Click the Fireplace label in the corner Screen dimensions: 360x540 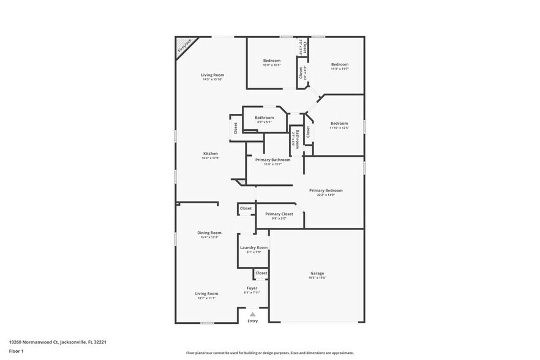tap(185, 45)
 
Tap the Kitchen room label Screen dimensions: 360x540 tap(211, 153)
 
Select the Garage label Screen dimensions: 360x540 tap(317, 273)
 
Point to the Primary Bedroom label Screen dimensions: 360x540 tap(326, 190)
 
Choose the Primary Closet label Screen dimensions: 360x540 tap(279, 214)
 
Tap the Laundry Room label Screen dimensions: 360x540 tap(253, 247)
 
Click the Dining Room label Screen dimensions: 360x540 tap(209, 233)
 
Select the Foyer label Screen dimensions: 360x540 tap(252, 288)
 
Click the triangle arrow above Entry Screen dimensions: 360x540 tap(252, 314)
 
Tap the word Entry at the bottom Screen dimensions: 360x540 tap(252, 321)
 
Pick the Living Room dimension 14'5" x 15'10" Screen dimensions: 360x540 tap(212, 80)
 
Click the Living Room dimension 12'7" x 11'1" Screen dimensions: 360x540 tap(207, 298)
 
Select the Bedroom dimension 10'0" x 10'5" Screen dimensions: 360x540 tap(272, 65)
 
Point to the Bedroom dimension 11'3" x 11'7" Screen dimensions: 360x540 tap(340, 69)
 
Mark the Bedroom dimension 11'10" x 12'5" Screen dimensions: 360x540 tap(339, 128)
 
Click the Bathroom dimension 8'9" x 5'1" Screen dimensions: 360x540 tap(264, 122)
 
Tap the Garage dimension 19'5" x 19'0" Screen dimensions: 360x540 tap(317, 278)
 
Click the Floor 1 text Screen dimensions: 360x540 tap(17, 351)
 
